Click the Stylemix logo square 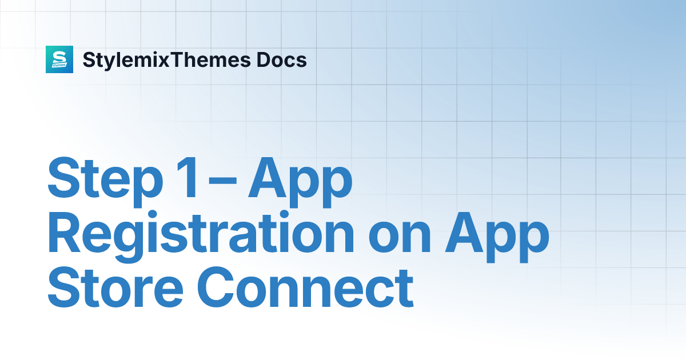59,59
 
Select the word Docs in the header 281,59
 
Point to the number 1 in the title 188,178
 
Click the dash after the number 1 222,181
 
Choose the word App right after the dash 300,182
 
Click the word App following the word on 497,237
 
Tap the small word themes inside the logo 59,65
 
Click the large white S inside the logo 59,57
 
